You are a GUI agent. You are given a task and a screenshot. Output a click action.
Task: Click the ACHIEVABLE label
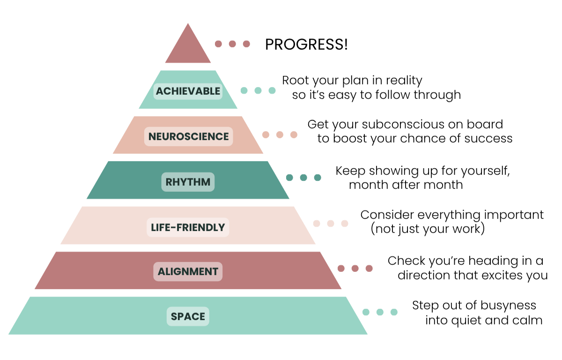(x=188, y=91)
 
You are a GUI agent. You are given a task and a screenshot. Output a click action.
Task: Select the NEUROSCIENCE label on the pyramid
(x=188, y=136)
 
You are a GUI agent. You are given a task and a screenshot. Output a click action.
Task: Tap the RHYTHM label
(x=188, y=181)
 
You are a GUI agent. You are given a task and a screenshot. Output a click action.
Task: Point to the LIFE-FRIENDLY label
(x=188, y=227)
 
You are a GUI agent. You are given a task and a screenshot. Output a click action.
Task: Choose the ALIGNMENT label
(x=188, y=271)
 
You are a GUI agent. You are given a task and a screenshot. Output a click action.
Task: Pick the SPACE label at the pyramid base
(x=188, y=316)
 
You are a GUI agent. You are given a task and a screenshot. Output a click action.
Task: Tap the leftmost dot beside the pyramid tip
(x=218, y=44)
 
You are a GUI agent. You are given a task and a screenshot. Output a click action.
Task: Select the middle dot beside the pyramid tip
(x=232, y=44)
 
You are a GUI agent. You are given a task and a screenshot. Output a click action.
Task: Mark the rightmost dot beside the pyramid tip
(x=246, y=44)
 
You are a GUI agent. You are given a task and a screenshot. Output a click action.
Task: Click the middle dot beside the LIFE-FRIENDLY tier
(x=331, y=224)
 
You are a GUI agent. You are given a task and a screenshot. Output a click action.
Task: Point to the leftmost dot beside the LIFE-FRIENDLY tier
(x=317, y=224)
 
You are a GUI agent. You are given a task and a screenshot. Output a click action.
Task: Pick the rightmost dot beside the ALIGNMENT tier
(x=370, y=268)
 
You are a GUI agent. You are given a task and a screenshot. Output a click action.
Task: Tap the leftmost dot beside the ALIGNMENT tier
(x=342, y=268)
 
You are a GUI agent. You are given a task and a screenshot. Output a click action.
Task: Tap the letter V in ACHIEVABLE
(x=195, y=91)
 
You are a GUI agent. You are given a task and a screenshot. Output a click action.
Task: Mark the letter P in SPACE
(x=180, y=316)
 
